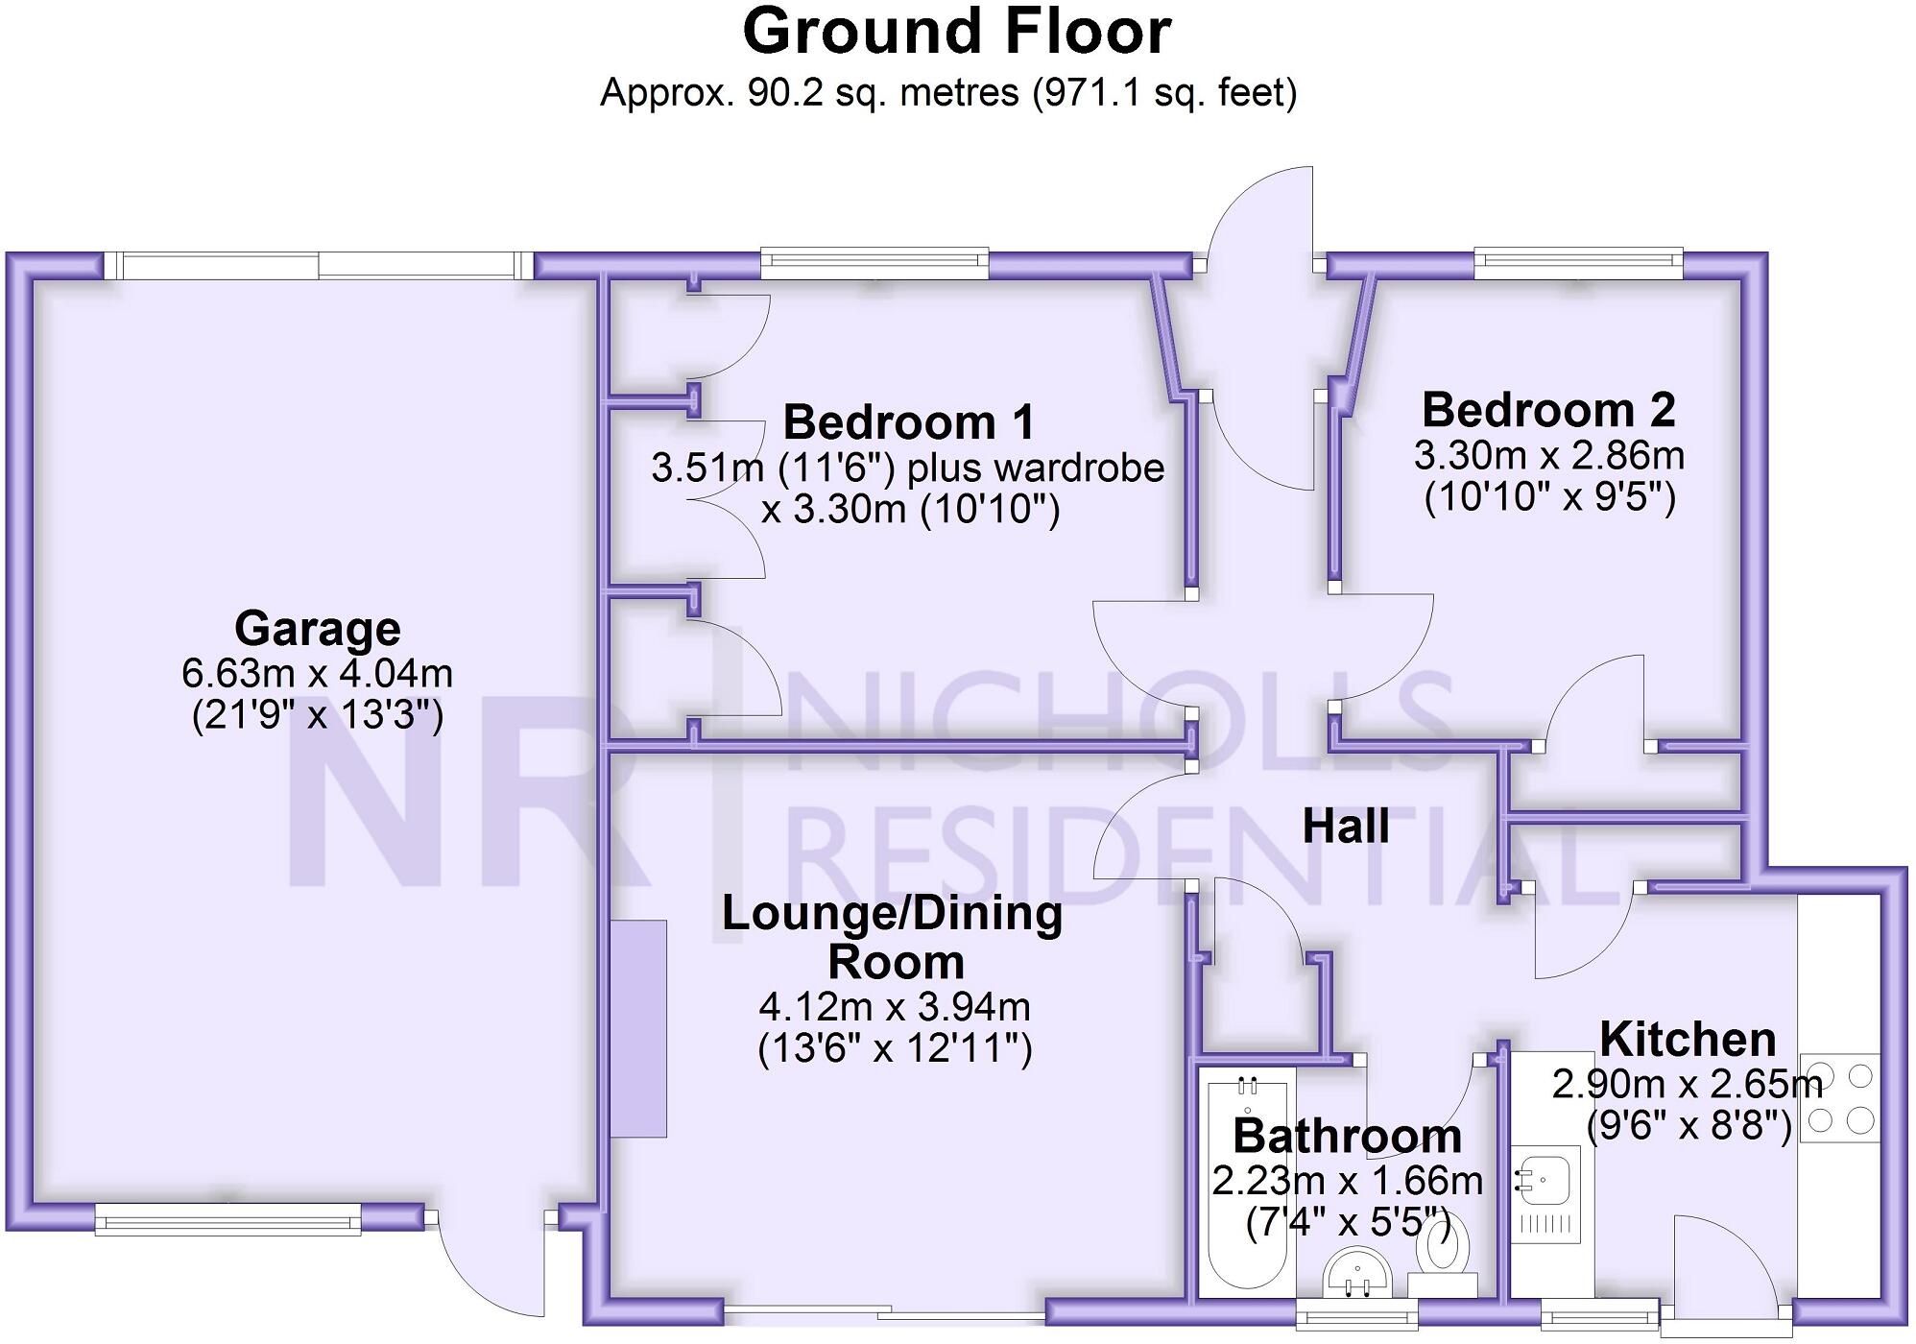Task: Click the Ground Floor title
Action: click(956, 33)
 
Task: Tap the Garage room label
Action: click(317, 630)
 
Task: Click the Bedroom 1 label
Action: click(909, 422)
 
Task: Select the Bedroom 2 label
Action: click(1548, 411)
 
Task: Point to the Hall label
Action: click(1345, 827)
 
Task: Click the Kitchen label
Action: click(1687, 1040)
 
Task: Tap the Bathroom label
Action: click(1347, 1137)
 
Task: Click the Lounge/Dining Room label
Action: click(893, 937)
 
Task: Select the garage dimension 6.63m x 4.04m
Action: click(317, 674)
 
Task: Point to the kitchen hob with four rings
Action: click(1838, 1097)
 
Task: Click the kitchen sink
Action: click(1545, 1175)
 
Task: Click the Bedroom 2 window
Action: click(1577, 261)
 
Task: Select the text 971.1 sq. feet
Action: click(1164, 93)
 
